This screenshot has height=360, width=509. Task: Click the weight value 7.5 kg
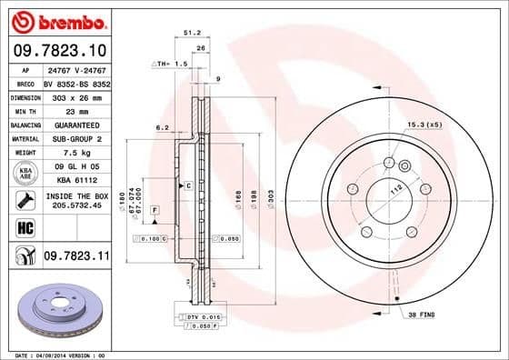(75, 153)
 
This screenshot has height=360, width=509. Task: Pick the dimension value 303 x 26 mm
(75, 95)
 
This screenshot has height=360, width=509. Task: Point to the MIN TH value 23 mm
(75, 110)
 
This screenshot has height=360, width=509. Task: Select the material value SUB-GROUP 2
(75, 138)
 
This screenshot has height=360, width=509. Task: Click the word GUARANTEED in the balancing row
(75, 125)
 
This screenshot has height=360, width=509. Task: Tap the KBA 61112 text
(75, 181)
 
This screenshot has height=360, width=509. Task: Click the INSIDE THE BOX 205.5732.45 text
(75, 201)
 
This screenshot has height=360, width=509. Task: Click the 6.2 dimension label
(162, 128)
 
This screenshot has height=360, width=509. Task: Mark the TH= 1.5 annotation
(168, 65)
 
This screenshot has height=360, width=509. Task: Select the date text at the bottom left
(56, 354)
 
